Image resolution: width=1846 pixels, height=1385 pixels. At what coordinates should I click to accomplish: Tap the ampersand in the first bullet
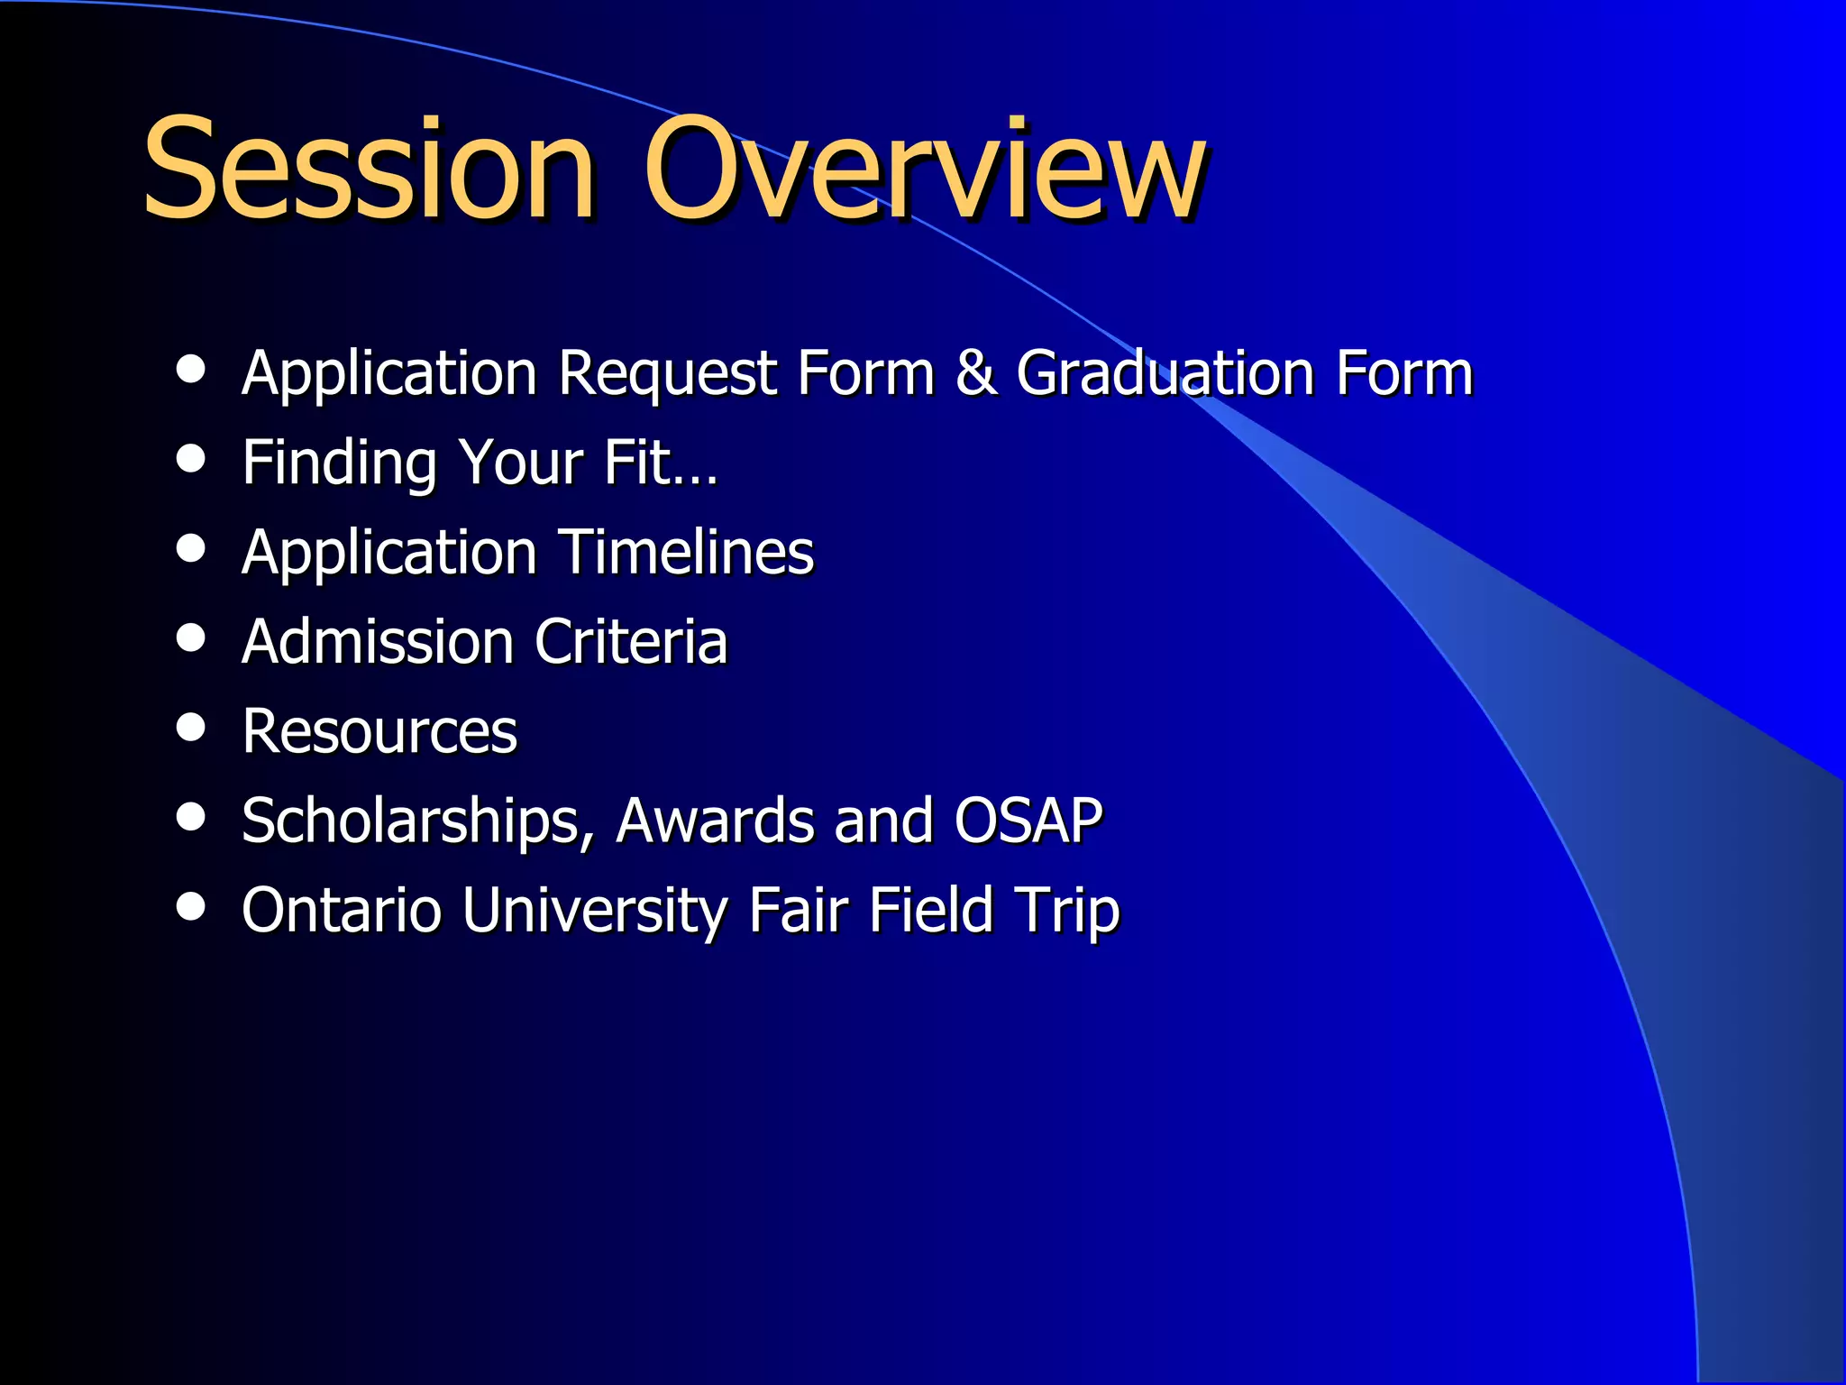tap(975, 372)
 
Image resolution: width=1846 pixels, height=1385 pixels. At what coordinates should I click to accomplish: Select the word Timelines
tap(685, 552)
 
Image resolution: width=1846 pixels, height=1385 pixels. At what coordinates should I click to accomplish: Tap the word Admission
tap(378, 642)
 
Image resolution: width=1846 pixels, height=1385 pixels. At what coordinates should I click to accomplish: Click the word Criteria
tap(631, 642)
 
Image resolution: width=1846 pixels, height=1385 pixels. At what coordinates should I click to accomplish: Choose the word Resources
tap(379, 731)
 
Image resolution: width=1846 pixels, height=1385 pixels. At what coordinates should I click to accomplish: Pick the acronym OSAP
tap(1028, 821)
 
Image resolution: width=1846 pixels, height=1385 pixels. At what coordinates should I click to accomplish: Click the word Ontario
tap(342, 910)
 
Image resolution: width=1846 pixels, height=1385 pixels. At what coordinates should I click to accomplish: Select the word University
tap(595, 911)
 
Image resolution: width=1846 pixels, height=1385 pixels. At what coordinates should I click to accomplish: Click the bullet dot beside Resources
tap(191, 727)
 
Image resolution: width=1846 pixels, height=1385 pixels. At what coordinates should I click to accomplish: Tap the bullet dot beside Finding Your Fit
tap(191, 458)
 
